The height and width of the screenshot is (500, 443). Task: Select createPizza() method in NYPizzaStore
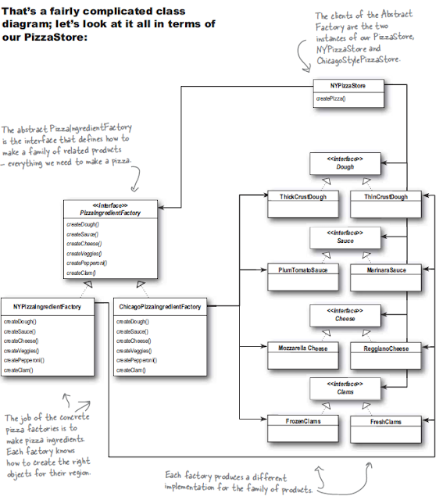(331, 98)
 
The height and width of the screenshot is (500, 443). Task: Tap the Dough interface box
(345, 162)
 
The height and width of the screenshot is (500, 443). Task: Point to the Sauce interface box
(345, 237)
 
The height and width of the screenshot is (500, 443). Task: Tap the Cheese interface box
(345, 314)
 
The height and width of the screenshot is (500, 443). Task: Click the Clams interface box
(345, 387)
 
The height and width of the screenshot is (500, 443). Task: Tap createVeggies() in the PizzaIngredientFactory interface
(83, 253)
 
